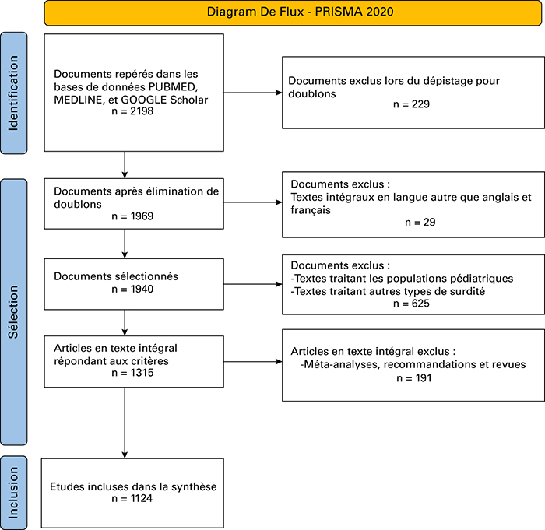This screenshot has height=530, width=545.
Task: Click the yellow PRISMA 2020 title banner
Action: (293, 13)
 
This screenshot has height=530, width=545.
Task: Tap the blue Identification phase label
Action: (13, 93)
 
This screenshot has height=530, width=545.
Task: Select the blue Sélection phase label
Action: (13, 312)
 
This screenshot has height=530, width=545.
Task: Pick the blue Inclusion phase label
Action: (13, 493)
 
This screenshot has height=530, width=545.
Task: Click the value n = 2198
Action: (132, 111)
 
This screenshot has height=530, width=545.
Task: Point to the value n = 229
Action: (411, 104)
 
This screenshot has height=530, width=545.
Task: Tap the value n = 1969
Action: (132, 216)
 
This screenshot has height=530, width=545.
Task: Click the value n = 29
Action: (420, 222)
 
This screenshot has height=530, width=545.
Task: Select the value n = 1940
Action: (132, 289)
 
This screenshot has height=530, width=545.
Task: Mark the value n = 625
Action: (411, 304)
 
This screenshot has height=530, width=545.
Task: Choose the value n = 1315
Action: (132, 373)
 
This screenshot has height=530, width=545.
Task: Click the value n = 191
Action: (414, 377)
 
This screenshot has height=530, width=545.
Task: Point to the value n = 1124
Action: (132, 498)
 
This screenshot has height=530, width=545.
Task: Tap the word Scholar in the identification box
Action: (188, 100)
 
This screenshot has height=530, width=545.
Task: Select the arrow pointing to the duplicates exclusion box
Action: (253, 93)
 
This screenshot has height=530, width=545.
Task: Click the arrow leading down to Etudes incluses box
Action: (125, 423)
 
